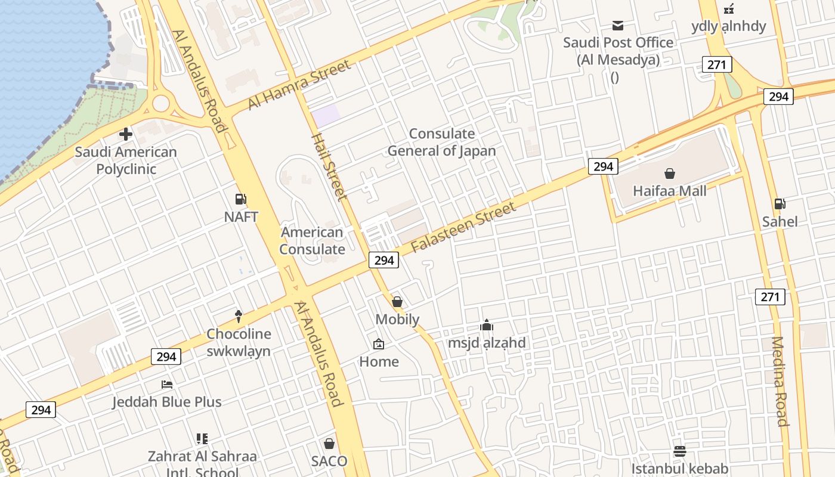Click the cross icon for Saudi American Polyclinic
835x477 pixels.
pyautogui.click(x=125, y=134)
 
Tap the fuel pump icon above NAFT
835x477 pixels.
pyautogui.click(x=241, y=199)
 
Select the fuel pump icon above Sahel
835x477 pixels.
pyautogui.click(x=780, y=204)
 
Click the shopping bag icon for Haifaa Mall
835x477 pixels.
pyautogui.click(x=670, y=174)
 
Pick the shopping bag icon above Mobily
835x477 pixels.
pyautogui.click(x=397, y=302)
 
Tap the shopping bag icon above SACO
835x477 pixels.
pyautogui.click(x=329, y=444)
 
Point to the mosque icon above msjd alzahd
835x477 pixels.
pyautogui.click(x=487, y=326)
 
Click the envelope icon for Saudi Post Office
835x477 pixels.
pyautogui.click(x=618, y=26)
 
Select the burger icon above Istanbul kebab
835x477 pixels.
pyautogui.click(x=680, y=451)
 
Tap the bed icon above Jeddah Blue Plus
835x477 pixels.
pyautogui.click(x=167, y=385)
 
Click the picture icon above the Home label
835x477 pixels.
pyautogui.click(x=379, y=344)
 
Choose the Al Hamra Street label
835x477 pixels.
pyautogui.click(x=299, y=85)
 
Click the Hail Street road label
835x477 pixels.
pyautogui.click(x=329, y=167)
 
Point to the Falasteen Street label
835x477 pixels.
pyautogui.click(x=463, y=227)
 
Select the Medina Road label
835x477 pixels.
pyautogui.click(x=780, y=382)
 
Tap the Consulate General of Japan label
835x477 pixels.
pyautogui.click(x=441, y=142)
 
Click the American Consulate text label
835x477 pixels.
pyautogui.click(x=312, y=240)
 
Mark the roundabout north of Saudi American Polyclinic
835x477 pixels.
pyautogui.click(x=161, y=103)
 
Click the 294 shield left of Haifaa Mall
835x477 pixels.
pyautogui.click(x=603, y=166)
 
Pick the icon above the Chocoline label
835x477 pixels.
pyautogui.click(x=239, y=316)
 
